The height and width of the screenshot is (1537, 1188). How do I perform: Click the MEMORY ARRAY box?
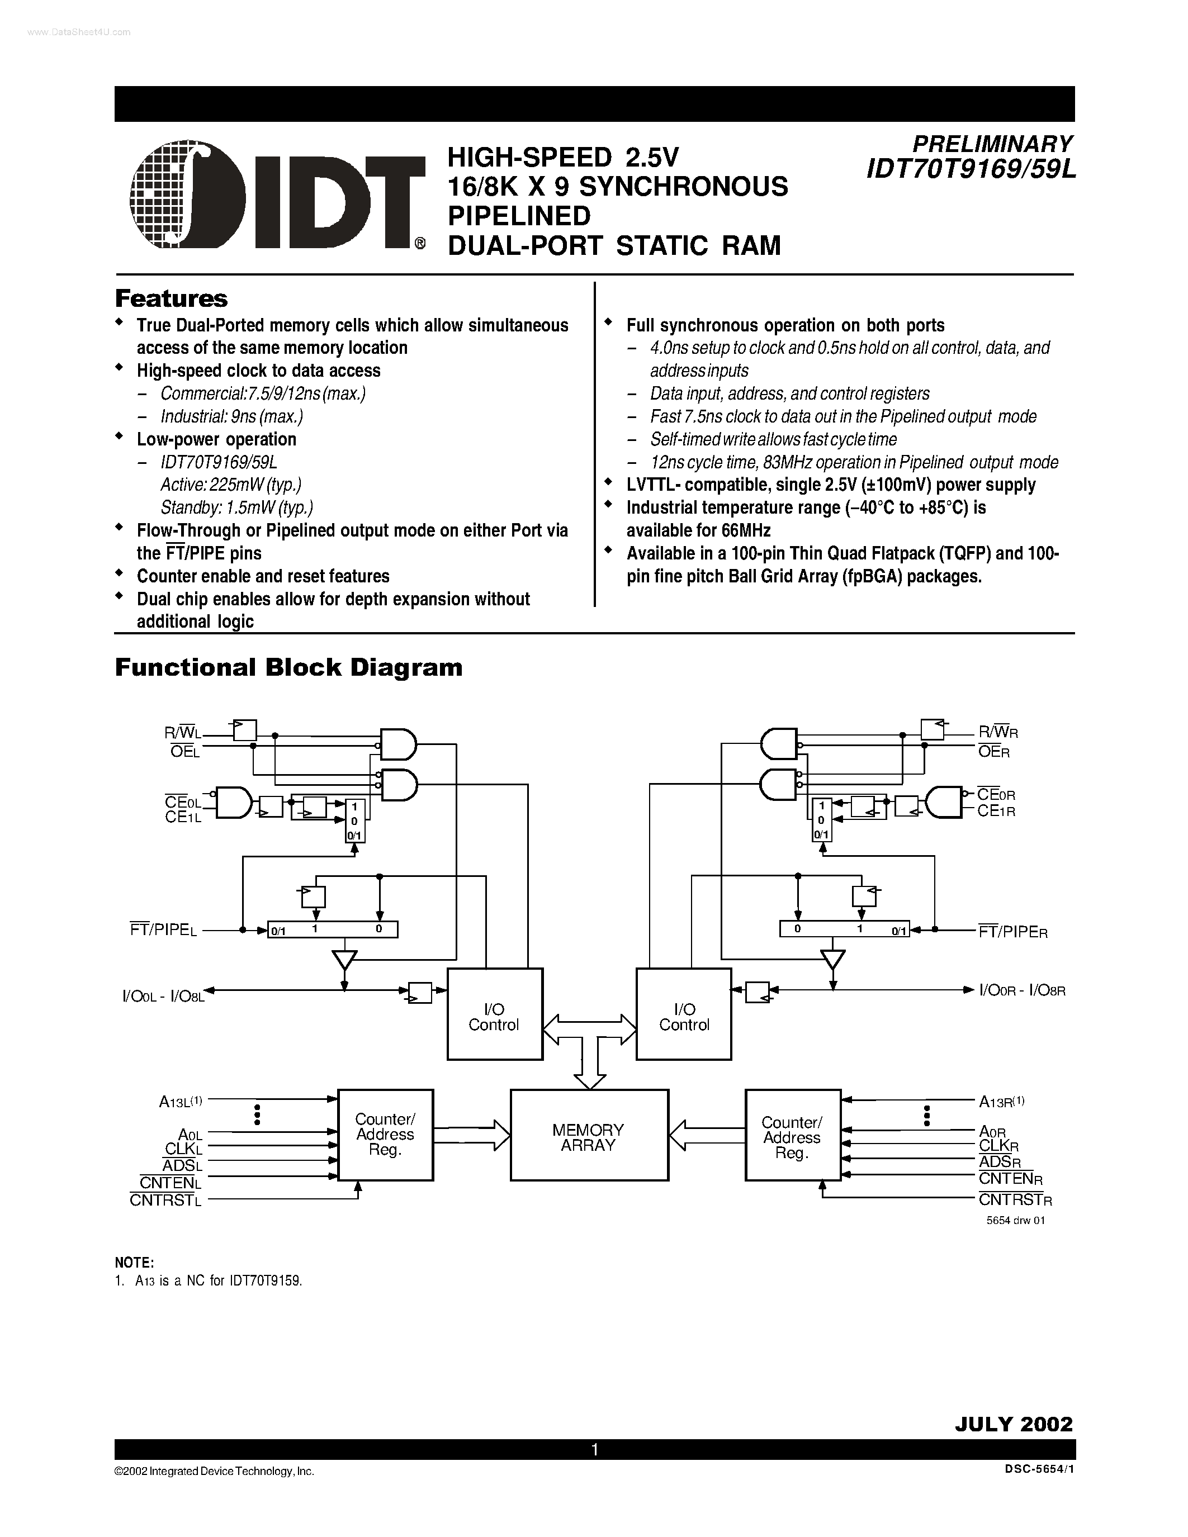coord(588,1135)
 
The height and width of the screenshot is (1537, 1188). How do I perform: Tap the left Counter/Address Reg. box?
coord(385,1135)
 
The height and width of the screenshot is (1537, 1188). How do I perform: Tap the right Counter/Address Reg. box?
coord(793,1135)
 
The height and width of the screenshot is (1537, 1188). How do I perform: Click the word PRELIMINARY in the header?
coord(992,144)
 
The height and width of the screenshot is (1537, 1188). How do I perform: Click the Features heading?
coord(171,298)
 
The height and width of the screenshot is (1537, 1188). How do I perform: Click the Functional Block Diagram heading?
coord(288,667)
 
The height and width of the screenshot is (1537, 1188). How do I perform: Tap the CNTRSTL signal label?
coord(165,1201)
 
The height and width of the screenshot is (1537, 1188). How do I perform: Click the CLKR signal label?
coord(998,1146)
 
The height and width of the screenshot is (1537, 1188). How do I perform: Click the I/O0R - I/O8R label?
coord(1022,991)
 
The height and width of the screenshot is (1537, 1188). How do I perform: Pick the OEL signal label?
coord(185,752)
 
